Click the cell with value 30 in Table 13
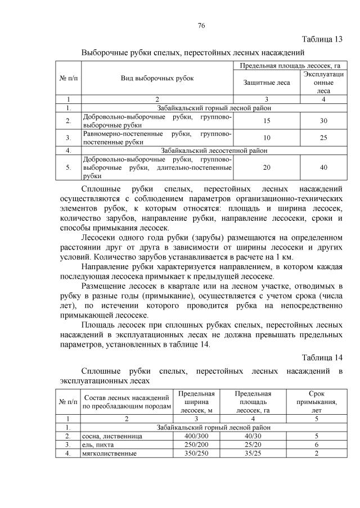pos(323,121)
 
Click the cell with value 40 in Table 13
pos(323,167)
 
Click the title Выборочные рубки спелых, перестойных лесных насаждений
pos(193,53)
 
